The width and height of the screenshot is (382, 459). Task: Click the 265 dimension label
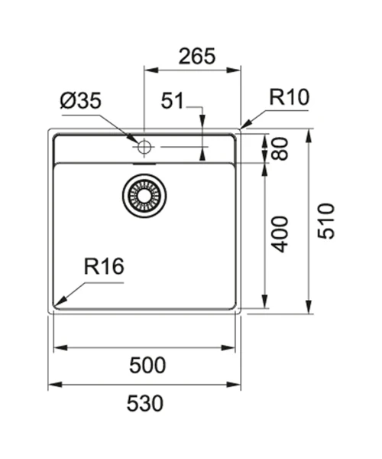coord(196,56)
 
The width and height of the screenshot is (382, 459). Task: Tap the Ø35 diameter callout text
coord(81,100)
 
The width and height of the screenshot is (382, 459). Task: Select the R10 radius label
coord(289,97)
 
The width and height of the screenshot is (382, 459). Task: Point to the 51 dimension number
coord(173,100)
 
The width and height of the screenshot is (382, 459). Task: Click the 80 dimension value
coord(279,148)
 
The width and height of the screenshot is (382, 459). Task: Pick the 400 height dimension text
coord(279,234)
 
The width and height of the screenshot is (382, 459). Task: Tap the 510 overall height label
coord(325,221)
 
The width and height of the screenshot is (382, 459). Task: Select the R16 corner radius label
coord(104,266)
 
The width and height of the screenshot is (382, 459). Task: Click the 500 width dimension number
coord(147,365)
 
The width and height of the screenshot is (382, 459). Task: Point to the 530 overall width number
coord(145,403)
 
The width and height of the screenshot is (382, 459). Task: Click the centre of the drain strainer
coord(144,196)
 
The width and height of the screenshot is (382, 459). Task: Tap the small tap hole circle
coord(144,147)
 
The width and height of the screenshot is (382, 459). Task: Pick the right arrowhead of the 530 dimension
coord(234,384)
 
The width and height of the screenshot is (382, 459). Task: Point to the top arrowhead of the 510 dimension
coord(309,136)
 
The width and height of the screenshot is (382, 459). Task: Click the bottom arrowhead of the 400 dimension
coord(265,301)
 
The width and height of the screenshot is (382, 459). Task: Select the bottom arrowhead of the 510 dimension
coord(309,307)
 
